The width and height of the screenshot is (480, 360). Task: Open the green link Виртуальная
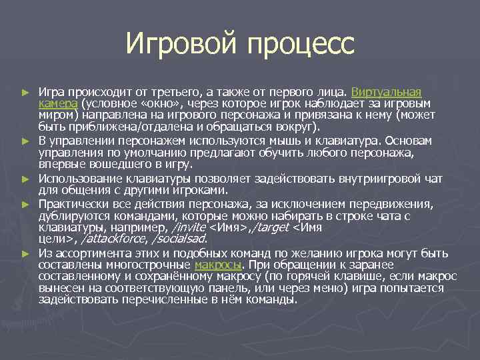point(386,91)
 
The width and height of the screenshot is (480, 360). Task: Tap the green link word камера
point(58,103)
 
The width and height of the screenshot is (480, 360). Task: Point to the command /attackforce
point(112,239)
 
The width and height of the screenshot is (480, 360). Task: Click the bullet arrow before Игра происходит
point(25,92)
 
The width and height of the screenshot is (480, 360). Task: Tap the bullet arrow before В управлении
point(25,141)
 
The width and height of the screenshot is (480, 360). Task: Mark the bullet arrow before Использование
point(25,179)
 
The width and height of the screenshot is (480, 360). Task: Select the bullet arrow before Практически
point(25,203)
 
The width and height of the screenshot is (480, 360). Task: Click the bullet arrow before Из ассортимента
point(25,253)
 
